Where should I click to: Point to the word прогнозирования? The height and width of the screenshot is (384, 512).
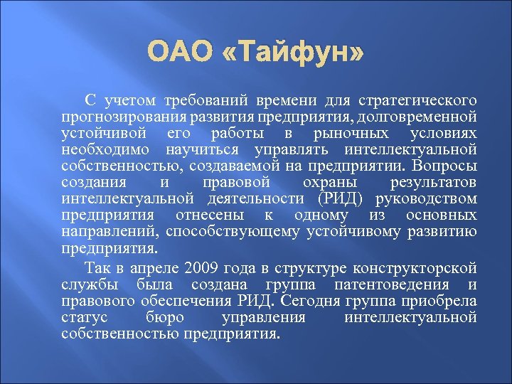(x=114, y=116)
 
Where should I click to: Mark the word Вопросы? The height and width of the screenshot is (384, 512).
(x=447, y=166)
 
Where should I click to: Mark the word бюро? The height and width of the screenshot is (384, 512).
(x=164, y=317)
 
